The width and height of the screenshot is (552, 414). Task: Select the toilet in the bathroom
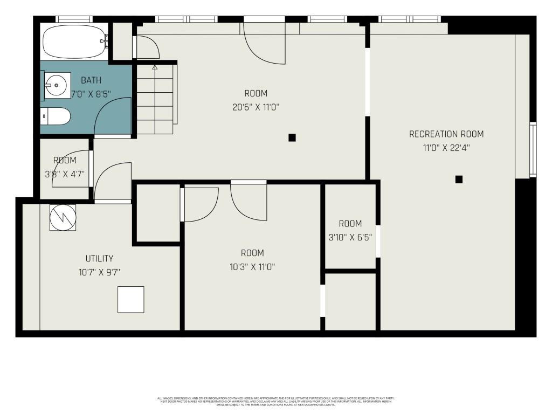[56, 116]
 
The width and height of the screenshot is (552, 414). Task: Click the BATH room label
[91, 81]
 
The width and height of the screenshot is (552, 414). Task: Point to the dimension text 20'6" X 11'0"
[256, 107]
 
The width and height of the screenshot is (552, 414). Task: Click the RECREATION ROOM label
[446, 134]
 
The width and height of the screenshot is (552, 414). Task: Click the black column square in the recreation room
[459, 180]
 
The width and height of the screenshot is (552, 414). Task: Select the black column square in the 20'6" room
[292, 137]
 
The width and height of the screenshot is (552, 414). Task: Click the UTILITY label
[99, 259]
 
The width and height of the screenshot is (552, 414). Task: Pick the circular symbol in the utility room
[63, 218]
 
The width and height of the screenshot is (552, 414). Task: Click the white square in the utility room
[131, 299]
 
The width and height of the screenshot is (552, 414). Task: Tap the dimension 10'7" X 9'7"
[99, 272]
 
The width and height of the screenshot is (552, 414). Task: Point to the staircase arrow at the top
[155, 68]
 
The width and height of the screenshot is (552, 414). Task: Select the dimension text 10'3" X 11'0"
[252, 266]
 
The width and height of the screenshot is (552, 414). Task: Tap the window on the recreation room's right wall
[533, 149]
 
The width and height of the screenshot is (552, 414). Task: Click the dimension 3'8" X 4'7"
[65, 174]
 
